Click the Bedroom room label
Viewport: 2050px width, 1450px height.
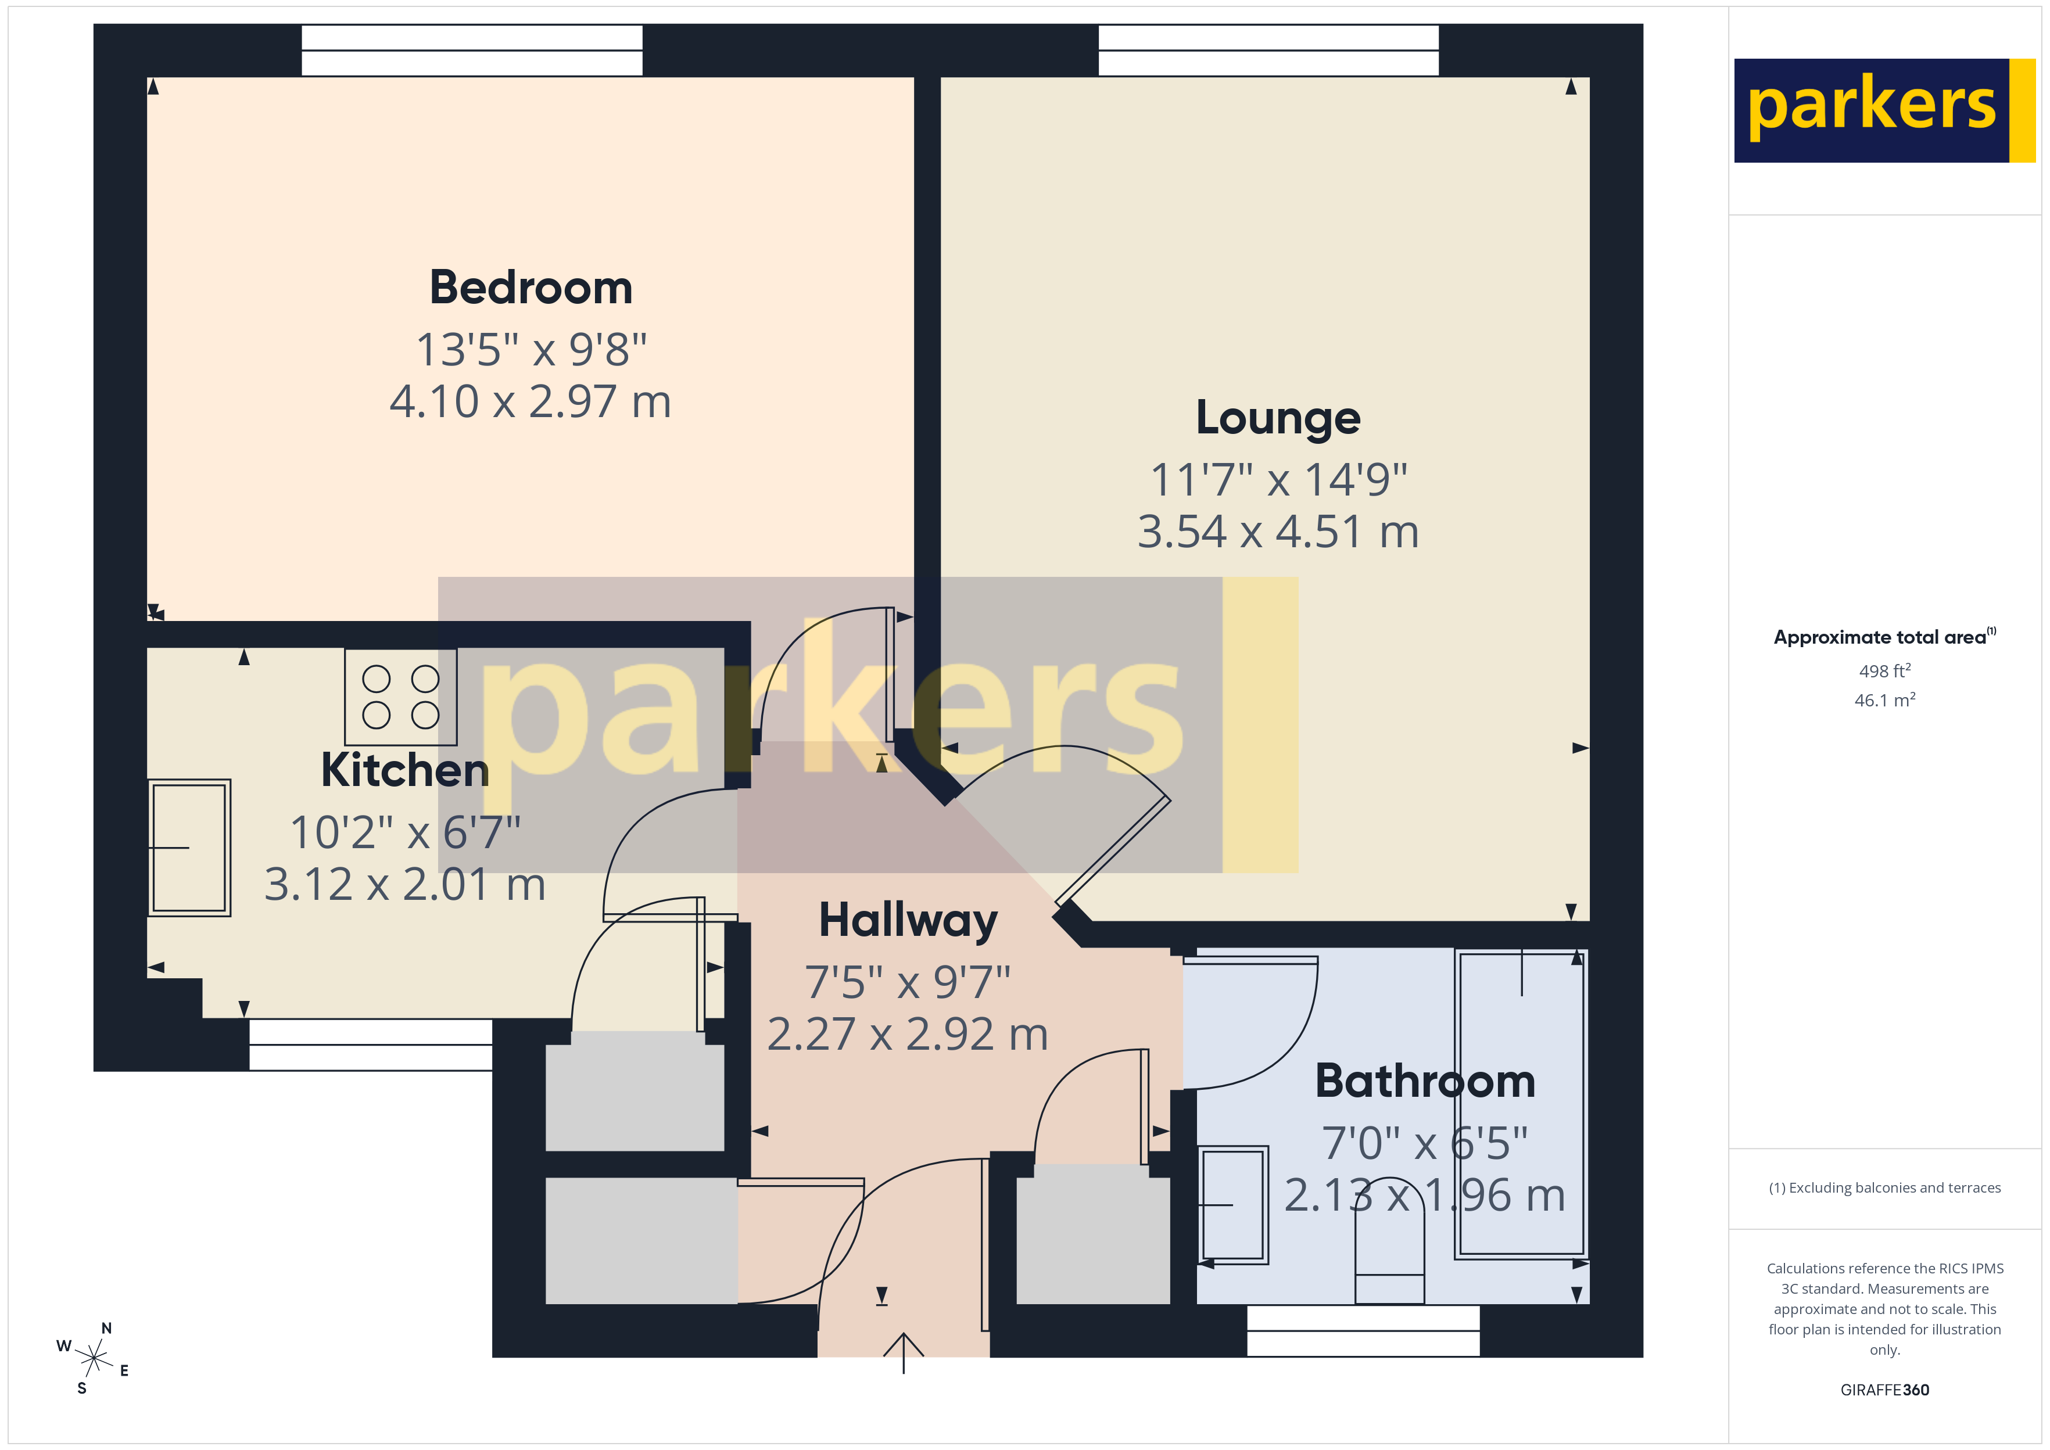(x=531, y=288)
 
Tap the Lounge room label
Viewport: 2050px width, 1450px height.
(x=1278, y=418)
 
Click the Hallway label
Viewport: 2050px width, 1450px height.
(x=908, y=921)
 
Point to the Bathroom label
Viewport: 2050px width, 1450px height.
(x=1425, y=1081)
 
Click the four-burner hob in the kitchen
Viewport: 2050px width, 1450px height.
(x=401, y=697)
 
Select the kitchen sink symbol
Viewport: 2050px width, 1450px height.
(x=189, y=848)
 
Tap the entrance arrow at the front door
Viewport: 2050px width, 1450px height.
(x=904, y=1352)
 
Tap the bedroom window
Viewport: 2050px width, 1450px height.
(x=471, y=50)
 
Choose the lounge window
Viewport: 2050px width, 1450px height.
(x=1268, y=50)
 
